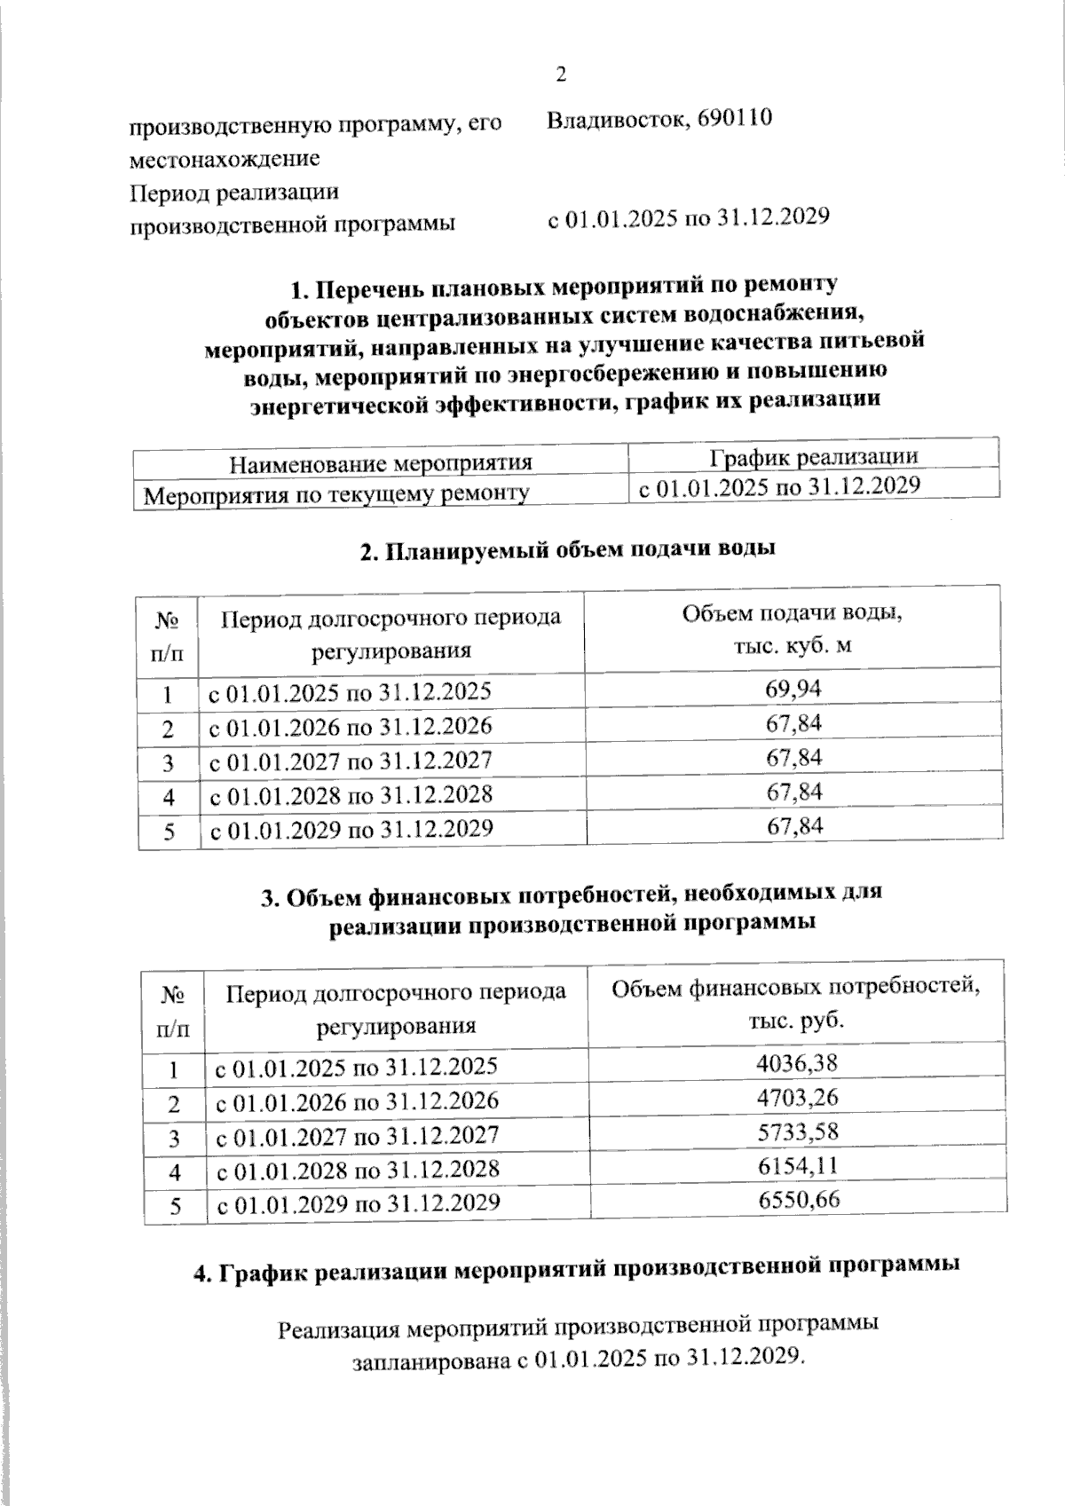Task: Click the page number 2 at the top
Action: tap(560, 75)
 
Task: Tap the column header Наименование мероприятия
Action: tap(381, 463)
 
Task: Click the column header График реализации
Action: tap(813, 456)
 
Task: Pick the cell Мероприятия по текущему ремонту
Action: tap(337, 493)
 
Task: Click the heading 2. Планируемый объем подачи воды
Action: tap(568, 549)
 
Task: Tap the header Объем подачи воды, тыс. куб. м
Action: tap(792, 628)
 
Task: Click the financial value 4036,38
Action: tap(798, 1062)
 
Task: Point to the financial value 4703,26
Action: tap(798, 1097)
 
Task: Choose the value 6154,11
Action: tap(798, 1165)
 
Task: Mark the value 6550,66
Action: tap(798, 1200)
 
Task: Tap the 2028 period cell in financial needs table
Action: tap(359, 1169)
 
